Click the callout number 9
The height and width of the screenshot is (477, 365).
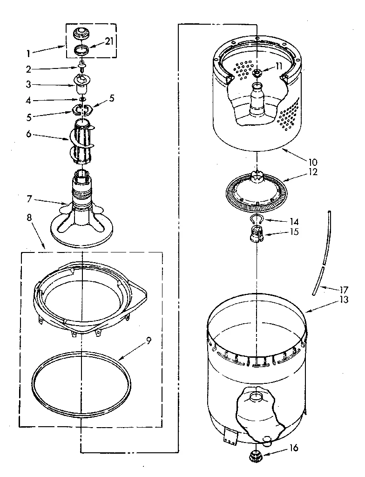[148, 341]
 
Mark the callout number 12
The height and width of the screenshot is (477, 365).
[312, 172]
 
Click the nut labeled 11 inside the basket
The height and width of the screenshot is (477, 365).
[257, 73]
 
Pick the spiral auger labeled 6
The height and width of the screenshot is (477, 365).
[83, 140]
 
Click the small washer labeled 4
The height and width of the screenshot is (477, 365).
[82, 99]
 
